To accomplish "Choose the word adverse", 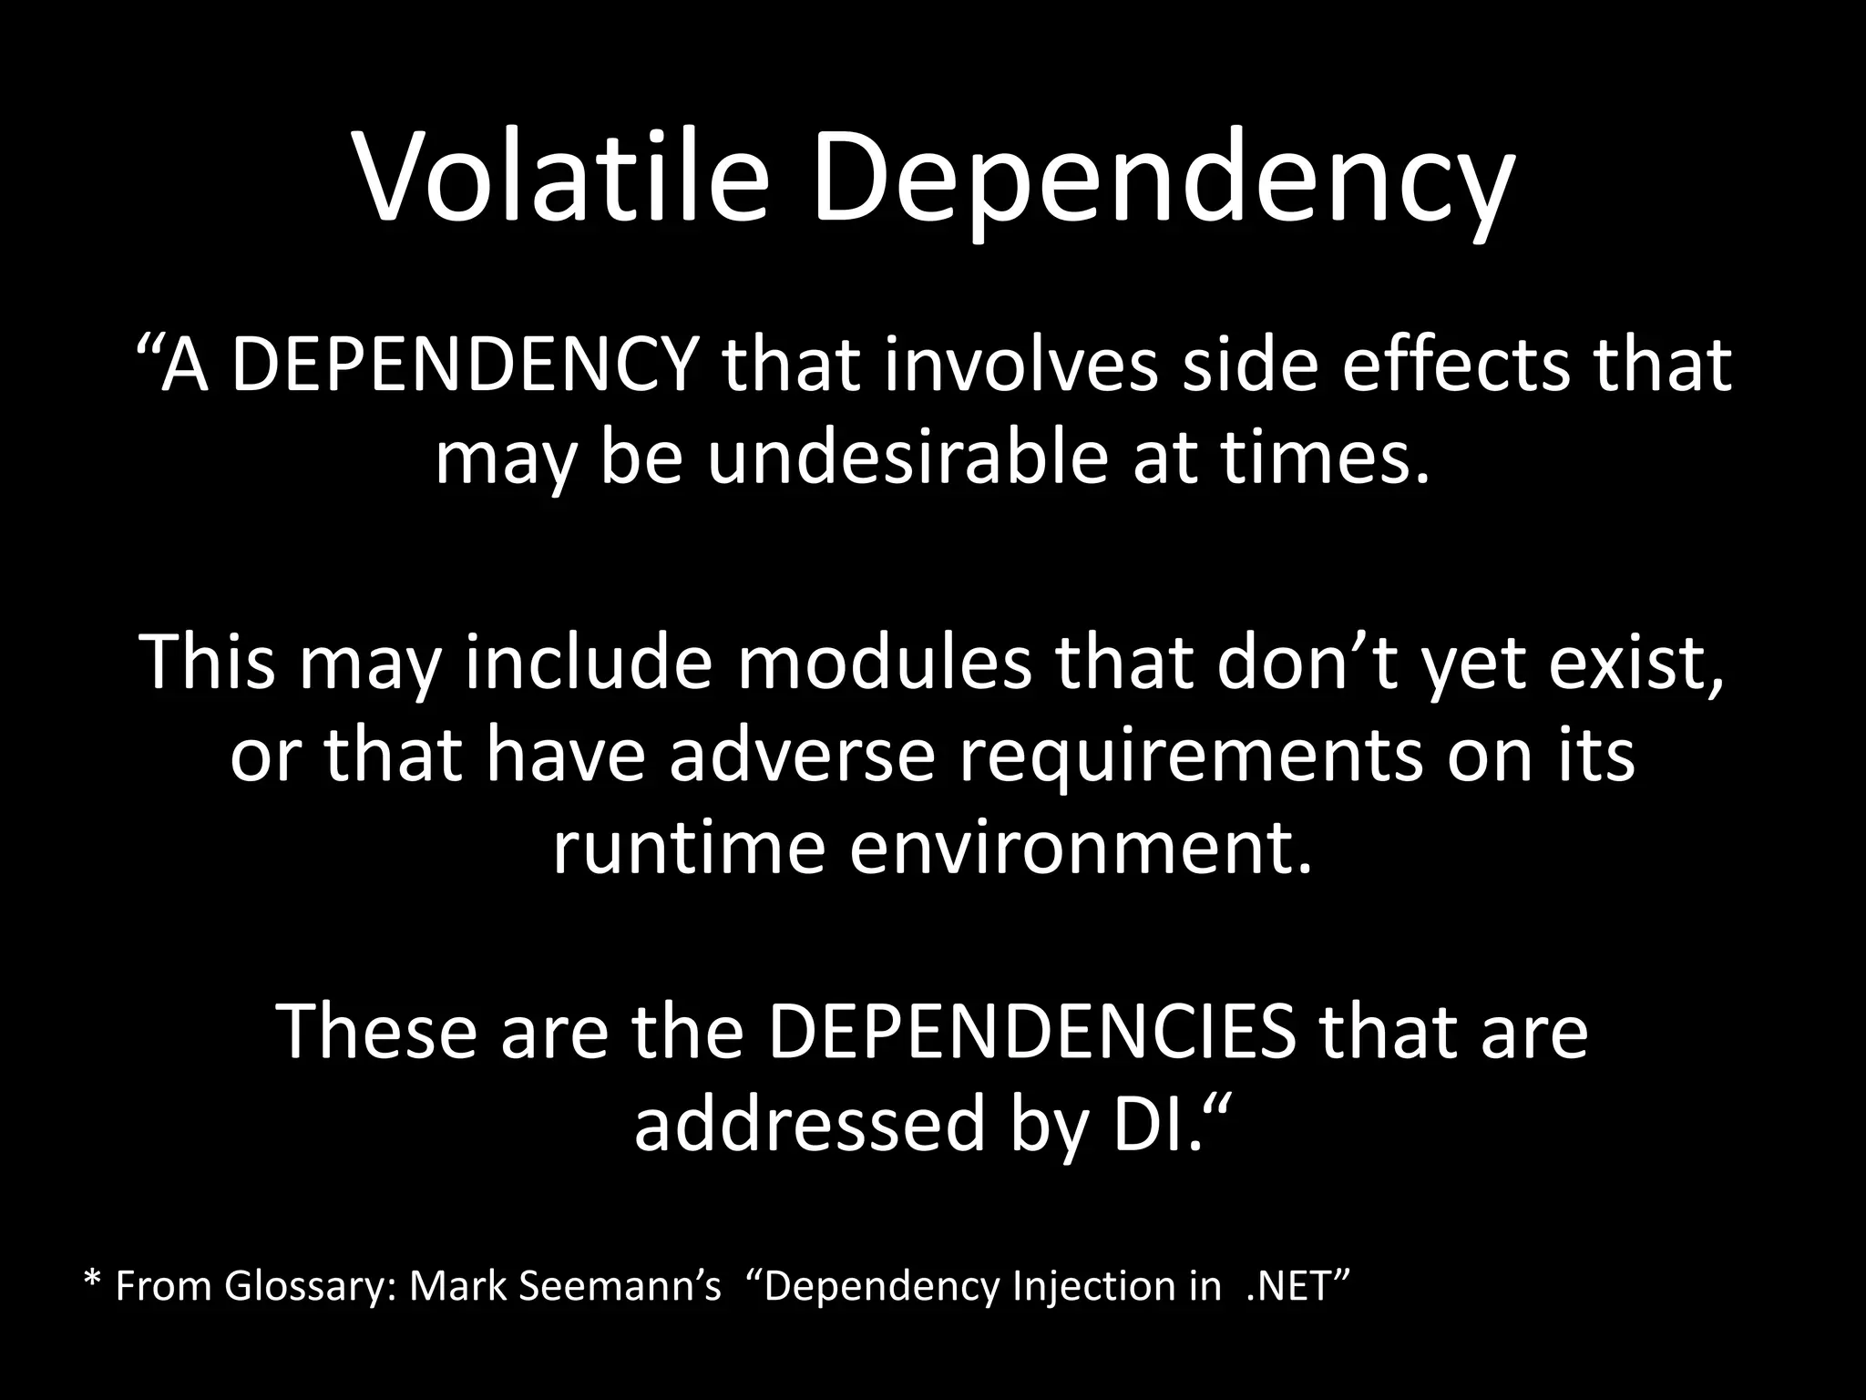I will point(803,756).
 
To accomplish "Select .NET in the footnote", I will point(1295,1286).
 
